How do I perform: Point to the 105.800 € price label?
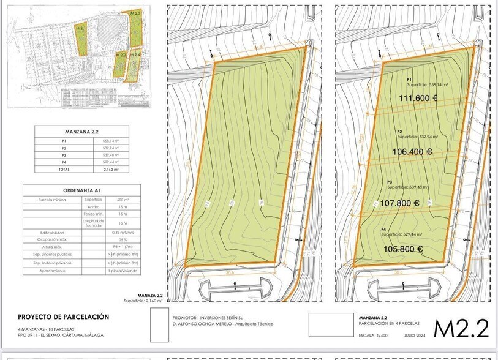tap(404, 249)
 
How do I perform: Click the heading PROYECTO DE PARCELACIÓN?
tap(63, 317)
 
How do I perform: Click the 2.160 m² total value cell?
tap(111, 169)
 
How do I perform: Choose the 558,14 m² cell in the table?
tap(111, 141)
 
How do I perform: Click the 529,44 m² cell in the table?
tap(111, 162)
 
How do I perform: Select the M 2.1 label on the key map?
tap(81, 29)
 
